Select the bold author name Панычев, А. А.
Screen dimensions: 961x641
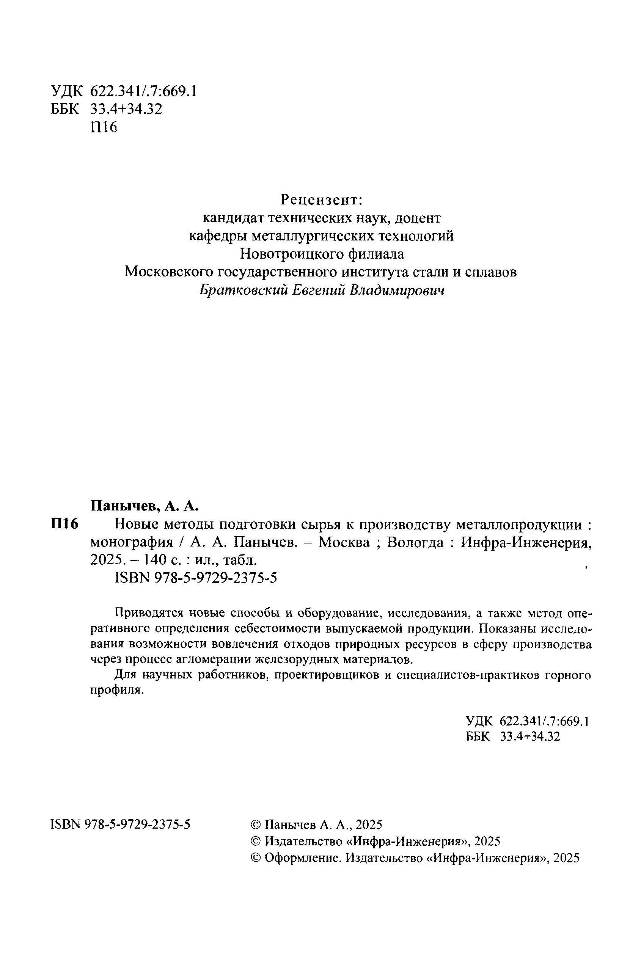click(x=144, y=506)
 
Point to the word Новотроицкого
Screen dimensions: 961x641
click(x=291, y=254)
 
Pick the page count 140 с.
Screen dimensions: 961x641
click(x=160, y=560)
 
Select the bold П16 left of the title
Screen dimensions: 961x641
click(x=64, y=524)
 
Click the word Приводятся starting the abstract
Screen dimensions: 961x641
click(x=148, y=613)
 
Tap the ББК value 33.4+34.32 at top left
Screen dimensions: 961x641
click(x=126, y=109)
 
